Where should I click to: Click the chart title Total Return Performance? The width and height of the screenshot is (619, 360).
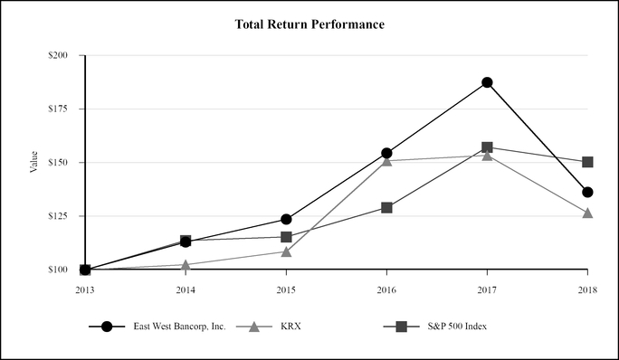point(309,24)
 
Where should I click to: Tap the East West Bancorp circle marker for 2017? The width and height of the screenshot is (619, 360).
point(487,82)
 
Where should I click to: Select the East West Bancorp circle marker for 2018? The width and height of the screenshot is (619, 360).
point(587,192)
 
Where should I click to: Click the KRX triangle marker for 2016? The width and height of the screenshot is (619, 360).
point(386,160)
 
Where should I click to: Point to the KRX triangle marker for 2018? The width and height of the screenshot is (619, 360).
point(587,213)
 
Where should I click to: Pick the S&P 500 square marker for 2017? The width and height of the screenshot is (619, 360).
point(487,147)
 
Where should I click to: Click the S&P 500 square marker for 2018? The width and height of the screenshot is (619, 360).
point(587,162)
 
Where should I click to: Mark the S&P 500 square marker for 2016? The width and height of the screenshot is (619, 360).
point(386,207)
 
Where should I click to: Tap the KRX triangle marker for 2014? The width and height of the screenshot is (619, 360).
point(186,265)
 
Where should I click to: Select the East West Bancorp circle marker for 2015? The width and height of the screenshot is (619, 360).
point(286,219)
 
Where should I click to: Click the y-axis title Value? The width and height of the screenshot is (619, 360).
point(34,163)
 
